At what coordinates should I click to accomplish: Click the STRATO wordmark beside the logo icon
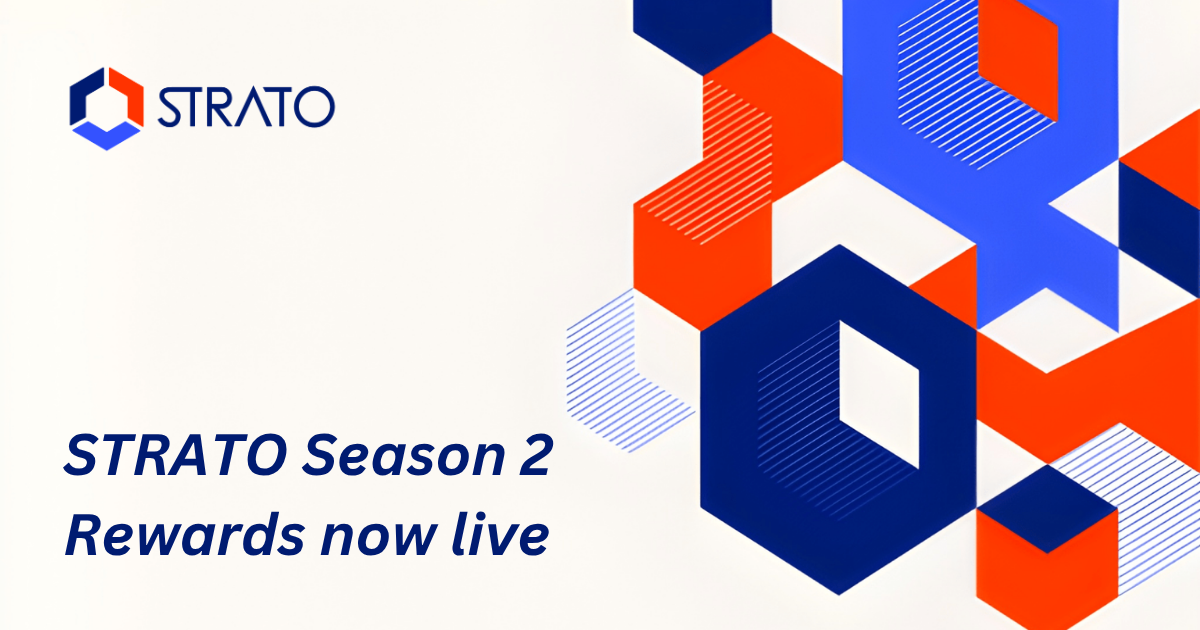coord(245,106)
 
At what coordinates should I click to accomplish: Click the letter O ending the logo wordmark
coord(315,106)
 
